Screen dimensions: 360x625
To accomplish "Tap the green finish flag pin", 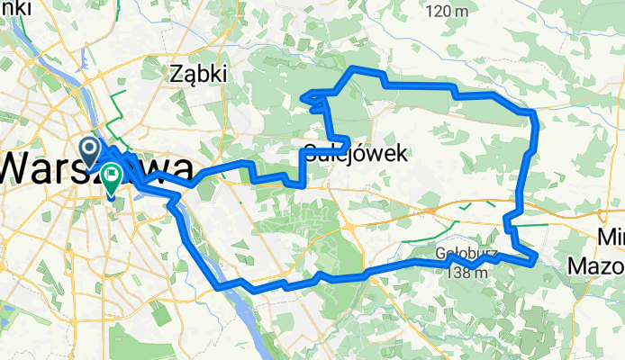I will pos(112,176).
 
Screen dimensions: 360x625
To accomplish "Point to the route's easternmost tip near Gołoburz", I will pos(536,259).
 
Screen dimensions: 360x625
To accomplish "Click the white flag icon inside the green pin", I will pos(113,174).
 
